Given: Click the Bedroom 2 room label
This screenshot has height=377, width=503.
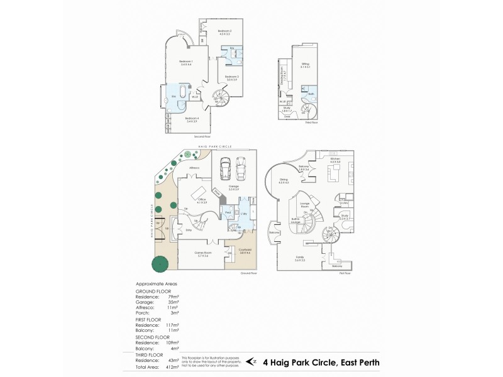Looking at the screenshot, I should (225, 32).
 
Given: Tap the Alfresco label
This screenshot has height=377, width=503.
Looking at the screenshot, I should (194, 168).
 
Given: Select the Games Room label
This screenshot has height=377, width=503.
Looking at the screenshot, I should (202, 254).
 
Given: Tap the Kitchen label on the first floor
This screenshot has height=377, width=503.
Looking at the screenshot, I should (335, 160).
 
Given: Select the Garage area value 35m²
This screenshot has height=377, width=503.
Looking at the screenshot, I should (173, 302).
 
